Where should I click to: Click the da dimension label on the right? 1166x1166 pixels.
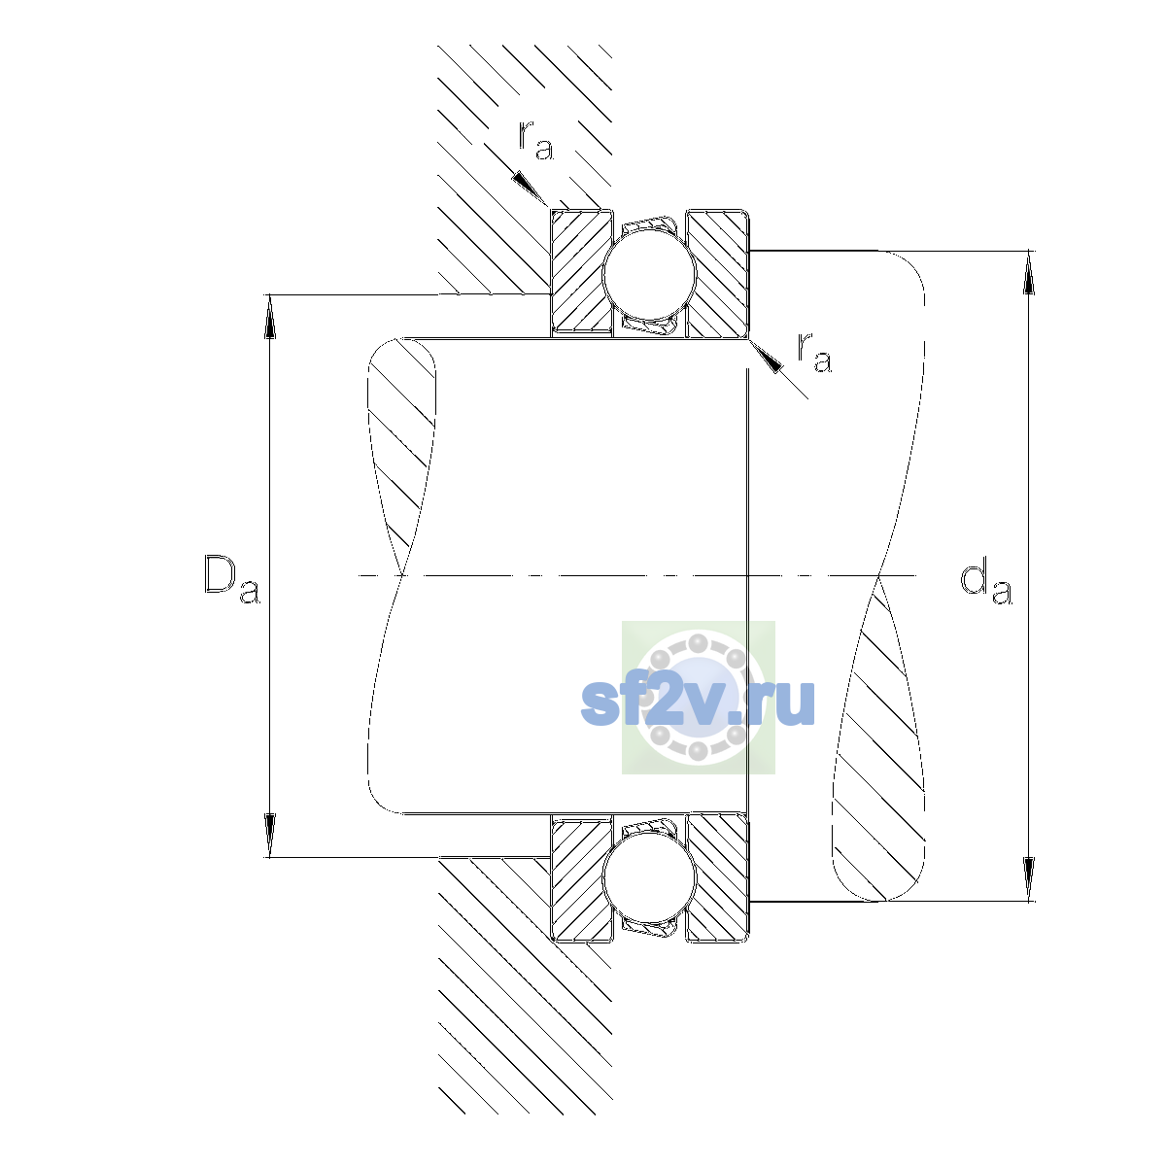(985, 583)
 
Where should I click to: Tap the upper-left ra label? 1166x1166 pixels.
(535, 140)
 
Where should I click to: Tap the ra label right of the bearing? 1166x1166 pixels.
(814, 352)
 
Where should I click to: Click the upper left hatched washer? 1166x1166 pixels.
(581, 273)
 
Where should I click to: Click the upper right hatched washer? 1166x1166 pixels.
(717, 273)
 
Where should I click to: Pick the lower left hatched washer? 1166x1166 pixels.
(581, 877)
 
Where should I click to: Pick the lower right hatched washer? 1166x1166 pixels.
(717, 877)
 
